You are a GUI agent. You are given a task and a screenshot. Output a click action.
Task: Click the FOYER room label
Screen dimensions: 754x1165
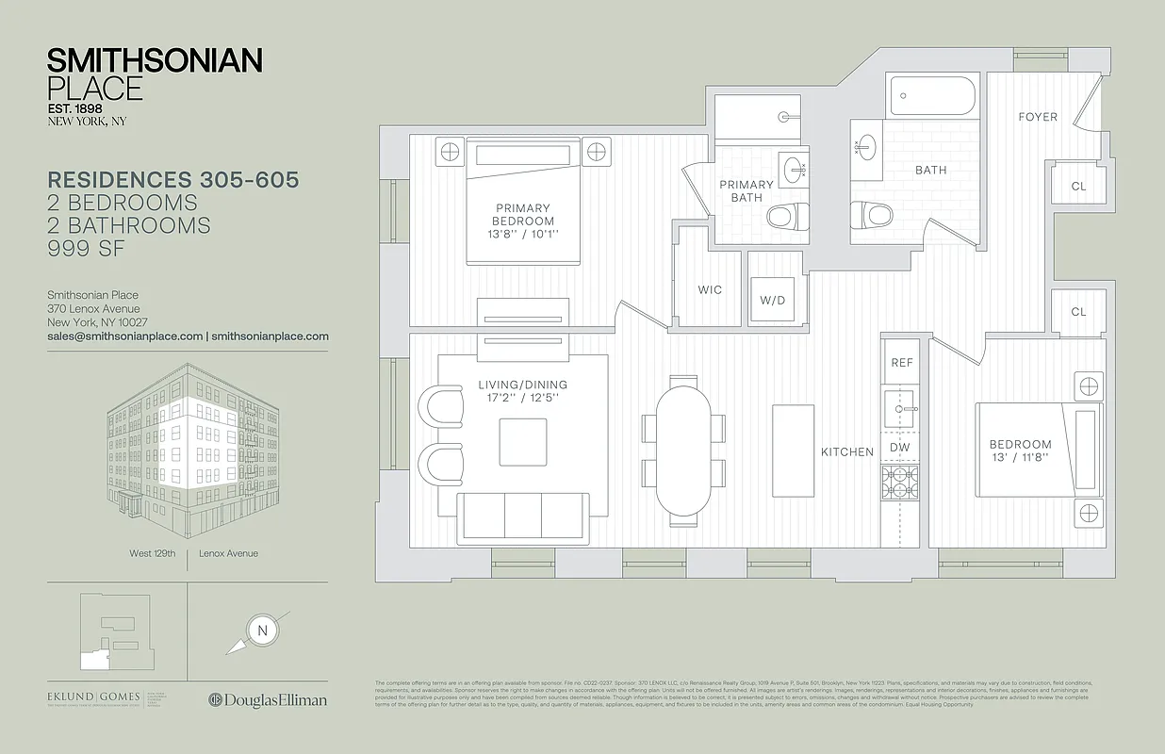pos(1037,117)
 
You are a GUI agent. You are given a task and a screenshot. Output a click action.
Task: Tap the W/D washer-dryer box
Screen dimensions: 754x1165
pos(772,301)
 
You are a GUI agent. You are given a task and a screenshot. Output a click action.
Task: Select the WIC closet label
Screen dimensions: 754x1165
pos(710,290)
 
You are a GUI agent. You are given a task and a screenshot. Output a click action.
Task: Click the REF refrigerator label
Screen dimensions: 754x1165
pos(902,363)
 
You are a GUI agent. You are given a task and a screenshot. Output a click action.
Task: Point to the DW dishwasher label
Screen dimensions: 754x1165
pos(900,448)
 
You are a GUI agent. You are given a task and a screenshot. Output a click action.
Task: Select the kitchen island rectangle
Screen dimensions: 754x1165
pos(793,451)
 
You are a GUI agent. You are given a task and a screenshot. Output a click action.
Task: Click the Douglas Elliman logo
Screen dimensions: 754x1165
pos(268,699)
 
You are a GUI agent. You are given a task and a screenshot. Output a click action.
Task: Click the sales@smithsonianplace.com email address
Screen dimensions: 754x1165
pos(125,336)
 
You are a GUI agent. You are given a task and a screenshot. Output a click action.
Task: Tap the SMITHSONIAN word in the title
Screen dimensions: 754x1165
pos(155,61)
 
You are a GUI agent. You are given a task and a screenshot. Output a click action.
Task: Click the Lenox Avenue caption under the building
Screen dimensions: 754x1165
pos(228,553)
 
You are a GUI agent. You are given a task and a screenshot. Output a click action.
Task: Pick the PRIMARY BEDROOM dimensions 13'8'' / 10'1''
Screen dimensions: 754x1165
pos(521,234)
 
